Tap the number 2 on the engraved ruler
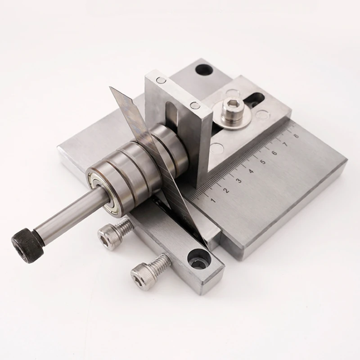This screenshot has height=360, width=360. click(x=226, y=190)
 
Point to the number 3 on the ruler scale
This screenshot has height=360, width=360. click(x=238, y=180)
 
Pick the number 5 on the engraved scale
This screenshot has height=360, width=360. click(x=262, y=162)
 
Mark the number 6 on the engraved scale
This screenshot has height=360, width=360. click(x=274, y=153)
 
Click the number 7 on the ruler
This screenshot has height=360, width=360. click(x=285, y=144)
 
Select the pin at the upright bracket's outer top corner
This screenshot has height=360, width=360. click(x=161, y=81)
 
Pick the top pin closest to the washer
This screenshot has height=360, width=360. click(x=195, y=105)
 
